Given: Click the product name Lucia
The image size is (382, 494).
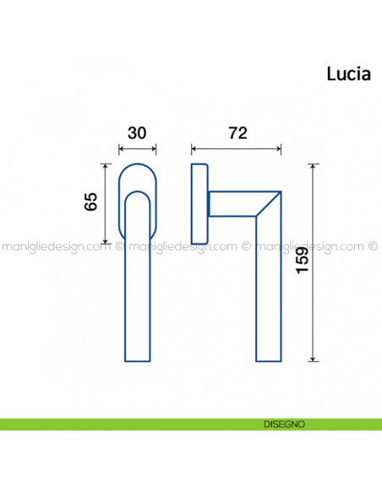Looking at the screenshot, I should coord(350,74).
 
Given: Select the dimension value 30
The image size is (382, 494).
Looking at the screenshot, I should coord(137,134).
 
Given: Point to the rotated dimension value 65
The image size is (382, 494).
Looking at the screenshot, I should coord(91,203).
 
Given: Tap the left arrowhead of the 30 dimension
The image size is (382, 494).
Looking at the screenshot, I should coord(122,151).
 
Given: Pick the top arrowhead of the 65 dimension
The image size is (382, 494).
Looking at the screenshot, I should coord(106,167).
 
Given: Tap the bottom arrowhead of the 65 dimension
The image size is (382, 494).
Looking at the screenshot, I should coord(106,240).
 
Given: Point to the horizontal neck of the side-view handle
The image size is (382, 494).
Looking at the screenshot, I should coord(232,204).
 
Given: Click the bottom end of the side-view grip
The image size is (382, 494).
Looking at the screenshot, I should coord(268,360).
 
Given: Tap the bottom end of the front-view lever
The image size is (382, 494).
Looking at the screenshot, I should coord(137,360).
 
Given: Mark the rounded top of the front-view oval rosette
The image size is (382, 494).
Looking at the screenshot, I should coord(137,166).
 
